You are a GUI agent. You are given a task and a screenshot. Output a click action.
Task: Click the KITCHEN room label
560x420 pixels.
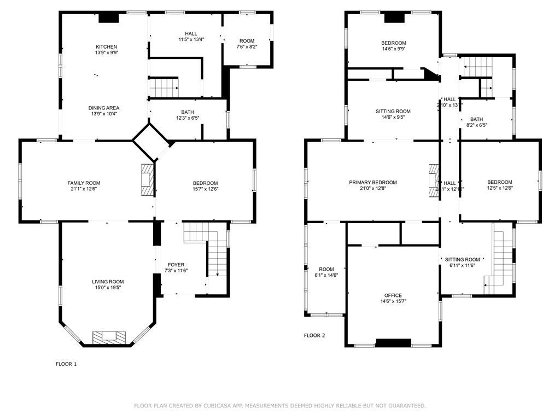coord(106,46)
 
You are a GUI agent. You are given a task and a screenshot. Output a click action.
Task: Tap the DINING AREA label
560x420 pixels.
coord(104,108)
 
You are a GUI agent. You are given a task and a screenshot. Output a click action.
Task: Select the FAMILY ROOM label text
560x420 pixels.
coord(84,183)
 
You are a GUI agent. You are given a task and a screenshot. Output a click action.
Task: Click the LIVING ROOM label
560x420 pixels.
coord(108,282)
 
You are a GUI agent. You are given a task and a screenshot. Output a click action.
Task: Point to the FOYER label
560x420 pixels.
coord(176,265)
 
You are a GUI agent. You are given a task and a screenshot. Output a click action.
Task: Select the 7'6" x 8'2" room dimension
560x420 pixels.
coord(247,47)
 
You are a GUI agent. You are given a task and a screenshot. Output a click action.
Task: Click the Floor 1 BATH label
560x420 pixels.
coord(188,112)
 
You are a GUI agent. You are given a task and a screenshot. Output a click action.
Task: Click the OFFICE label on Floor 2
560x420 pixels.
coord(393,295)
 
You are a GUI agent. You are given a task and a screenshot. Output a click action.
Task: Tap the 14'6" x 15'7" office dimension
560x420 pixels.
coord(393,301)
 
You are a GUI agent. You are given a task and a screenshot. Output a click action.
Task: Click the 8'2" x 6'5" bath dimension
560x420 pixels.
coord(477,125)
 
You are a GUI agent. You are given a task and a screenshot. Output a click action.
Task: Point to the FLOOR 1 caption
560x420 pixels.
coord(66,364)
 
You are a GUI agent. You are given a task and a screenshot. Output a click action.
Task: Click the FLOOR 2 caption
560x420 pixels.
coord(314,336)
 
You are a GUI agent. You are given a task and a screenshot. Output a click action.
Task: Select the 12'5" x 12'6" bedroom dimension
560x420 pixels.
coord(500,188)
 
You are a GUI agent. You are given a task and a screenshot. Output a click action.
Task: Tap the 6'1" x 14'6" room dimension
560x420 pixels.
coord(326,276)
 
